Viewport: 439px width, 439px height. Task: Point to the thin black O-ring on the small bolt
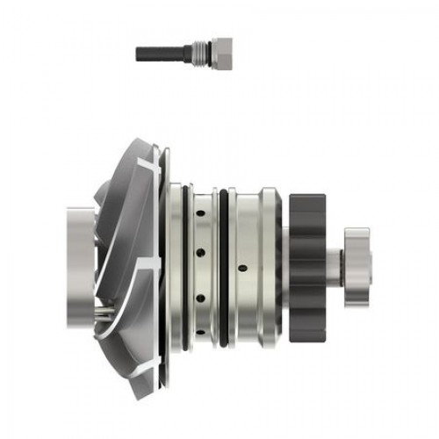(x=191, y=53)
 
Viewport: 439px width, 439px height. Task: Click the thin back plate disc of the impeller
(x=161, y=263)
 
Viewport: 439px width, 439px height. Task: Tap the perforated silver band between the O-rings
(x=206, y=263)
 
